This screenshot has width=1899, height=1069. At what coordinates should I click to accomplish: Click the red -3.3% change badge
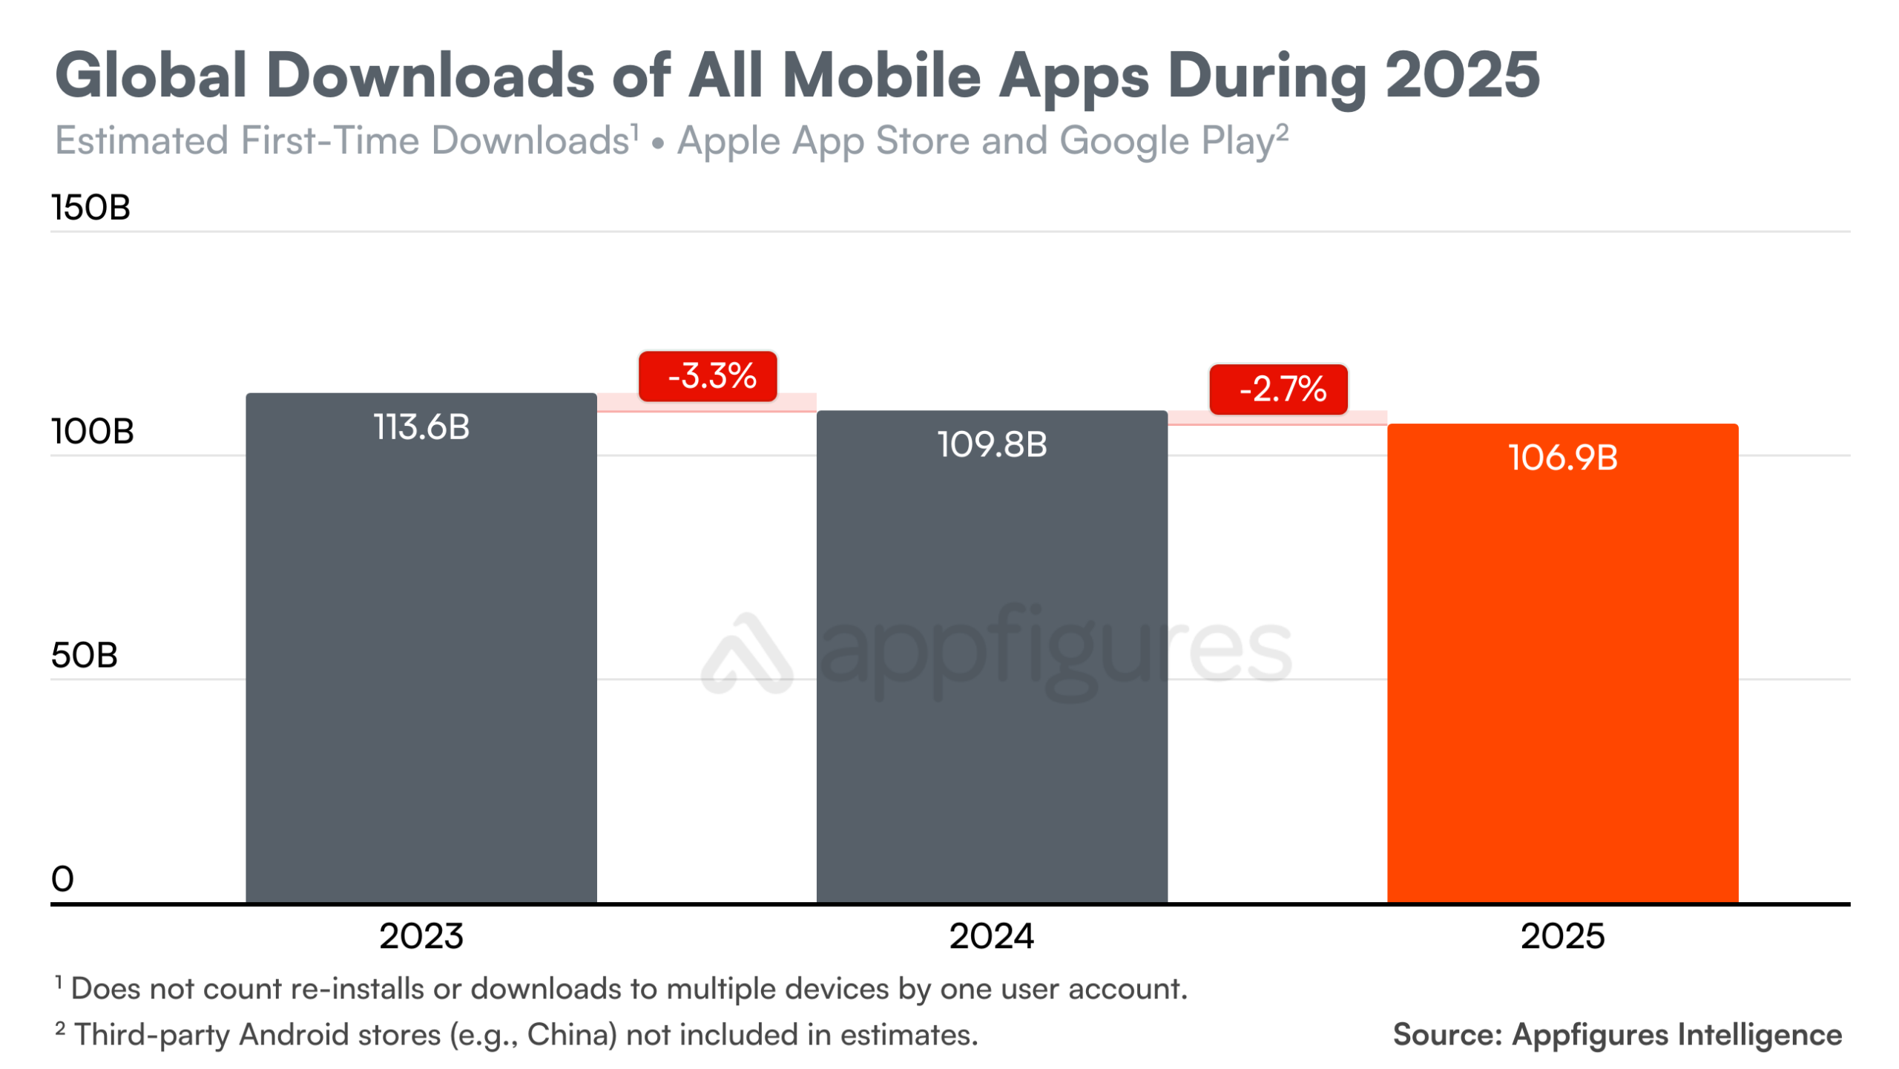[x=708, y=376]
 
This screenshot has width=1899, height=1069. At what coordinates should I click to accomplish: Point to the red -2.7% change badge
[x=1278, y=389]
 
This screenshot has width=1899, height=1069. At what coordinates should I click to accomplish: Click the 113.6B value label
[x=421, y=427]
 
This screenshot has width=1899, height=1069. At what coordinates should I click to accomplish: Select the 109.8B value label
[x=992, y=444]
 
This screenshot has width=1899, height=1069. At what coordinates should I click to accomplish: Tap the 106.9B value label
[x=1562, y=458]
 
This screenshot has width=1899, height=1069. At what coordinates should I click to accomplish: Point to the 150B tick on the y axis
[x=90, y=208]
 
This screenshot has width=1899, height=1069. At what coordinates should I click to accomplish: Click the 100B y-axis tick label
[x=92, y=432]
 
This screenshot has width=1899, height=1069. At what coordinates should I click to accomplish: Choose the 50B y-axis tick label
[x=84, y=656]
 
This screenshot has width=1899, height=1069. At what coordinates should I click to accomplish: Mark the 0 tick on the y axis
[x=62, y=880]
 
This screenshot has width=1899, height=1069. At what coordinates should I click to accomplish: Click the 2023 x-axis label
[x=421, y=937]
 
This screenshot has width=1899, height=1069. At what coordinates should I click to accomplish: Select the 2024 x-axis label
[x=992, y=937]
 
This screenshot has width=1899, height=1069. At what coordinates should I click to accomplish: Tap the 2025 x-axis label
[x=1562, y=937]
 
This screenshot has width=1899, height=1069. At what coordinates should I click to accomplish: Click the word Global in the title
[x=151, y=76]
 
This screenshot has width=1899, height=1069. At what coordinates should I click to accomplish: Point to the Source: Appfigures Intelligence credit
[x=1617, y=1035]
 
